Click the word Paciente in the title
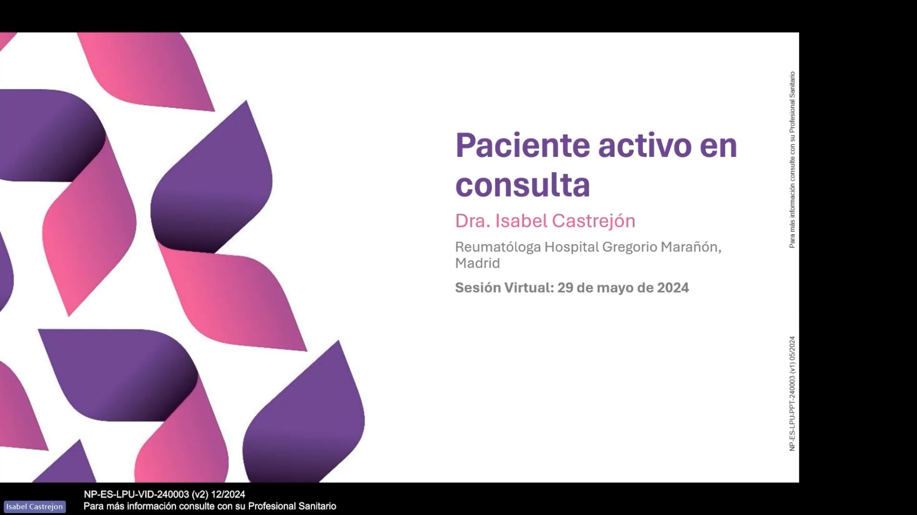522,145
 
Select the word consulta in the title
522,185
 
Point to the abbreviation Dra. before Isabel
473,221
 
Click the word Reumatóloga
498,247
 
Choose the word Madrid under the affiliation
478,263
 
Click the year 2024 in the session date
673,287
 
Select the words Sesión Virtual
504,287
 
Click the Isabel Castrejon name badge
35,506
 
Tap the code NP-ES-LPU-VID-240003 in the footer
136,494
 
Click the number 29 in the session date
565,287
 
